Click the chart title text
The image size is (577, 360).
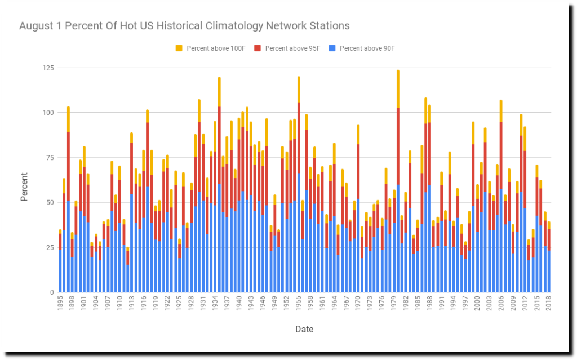184,26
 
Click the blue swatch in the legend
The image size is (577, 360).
332,48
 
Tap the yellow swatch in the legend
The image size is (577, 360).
179,48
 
